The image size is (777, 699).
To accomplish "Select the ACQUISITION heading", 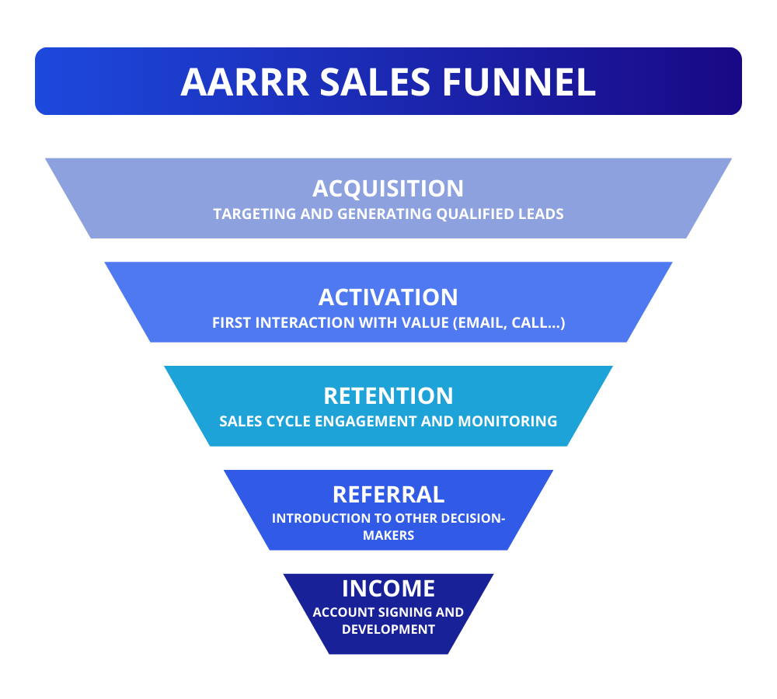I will tap(388, 189).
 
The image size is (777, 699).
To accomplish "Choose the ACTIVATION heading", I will tap(388, 297).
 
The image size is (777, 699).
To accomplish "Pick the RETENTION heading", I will tap(388, 395).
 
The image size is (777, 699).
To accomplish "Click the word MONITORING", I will tap(507, 422).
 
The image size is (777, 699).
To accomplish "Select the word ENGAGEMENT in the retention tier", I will tap(378, 422).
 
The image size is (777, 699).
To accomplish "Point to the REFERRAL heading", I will tap(388, 495).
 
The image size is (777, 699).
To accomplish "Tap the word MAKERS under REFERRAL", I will tap(388, 536).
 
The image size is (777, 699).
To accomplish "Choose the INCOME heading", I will tap(388, 588).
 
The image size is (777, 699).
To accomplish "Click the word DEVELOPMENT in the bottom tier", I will tap(388, 629).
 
